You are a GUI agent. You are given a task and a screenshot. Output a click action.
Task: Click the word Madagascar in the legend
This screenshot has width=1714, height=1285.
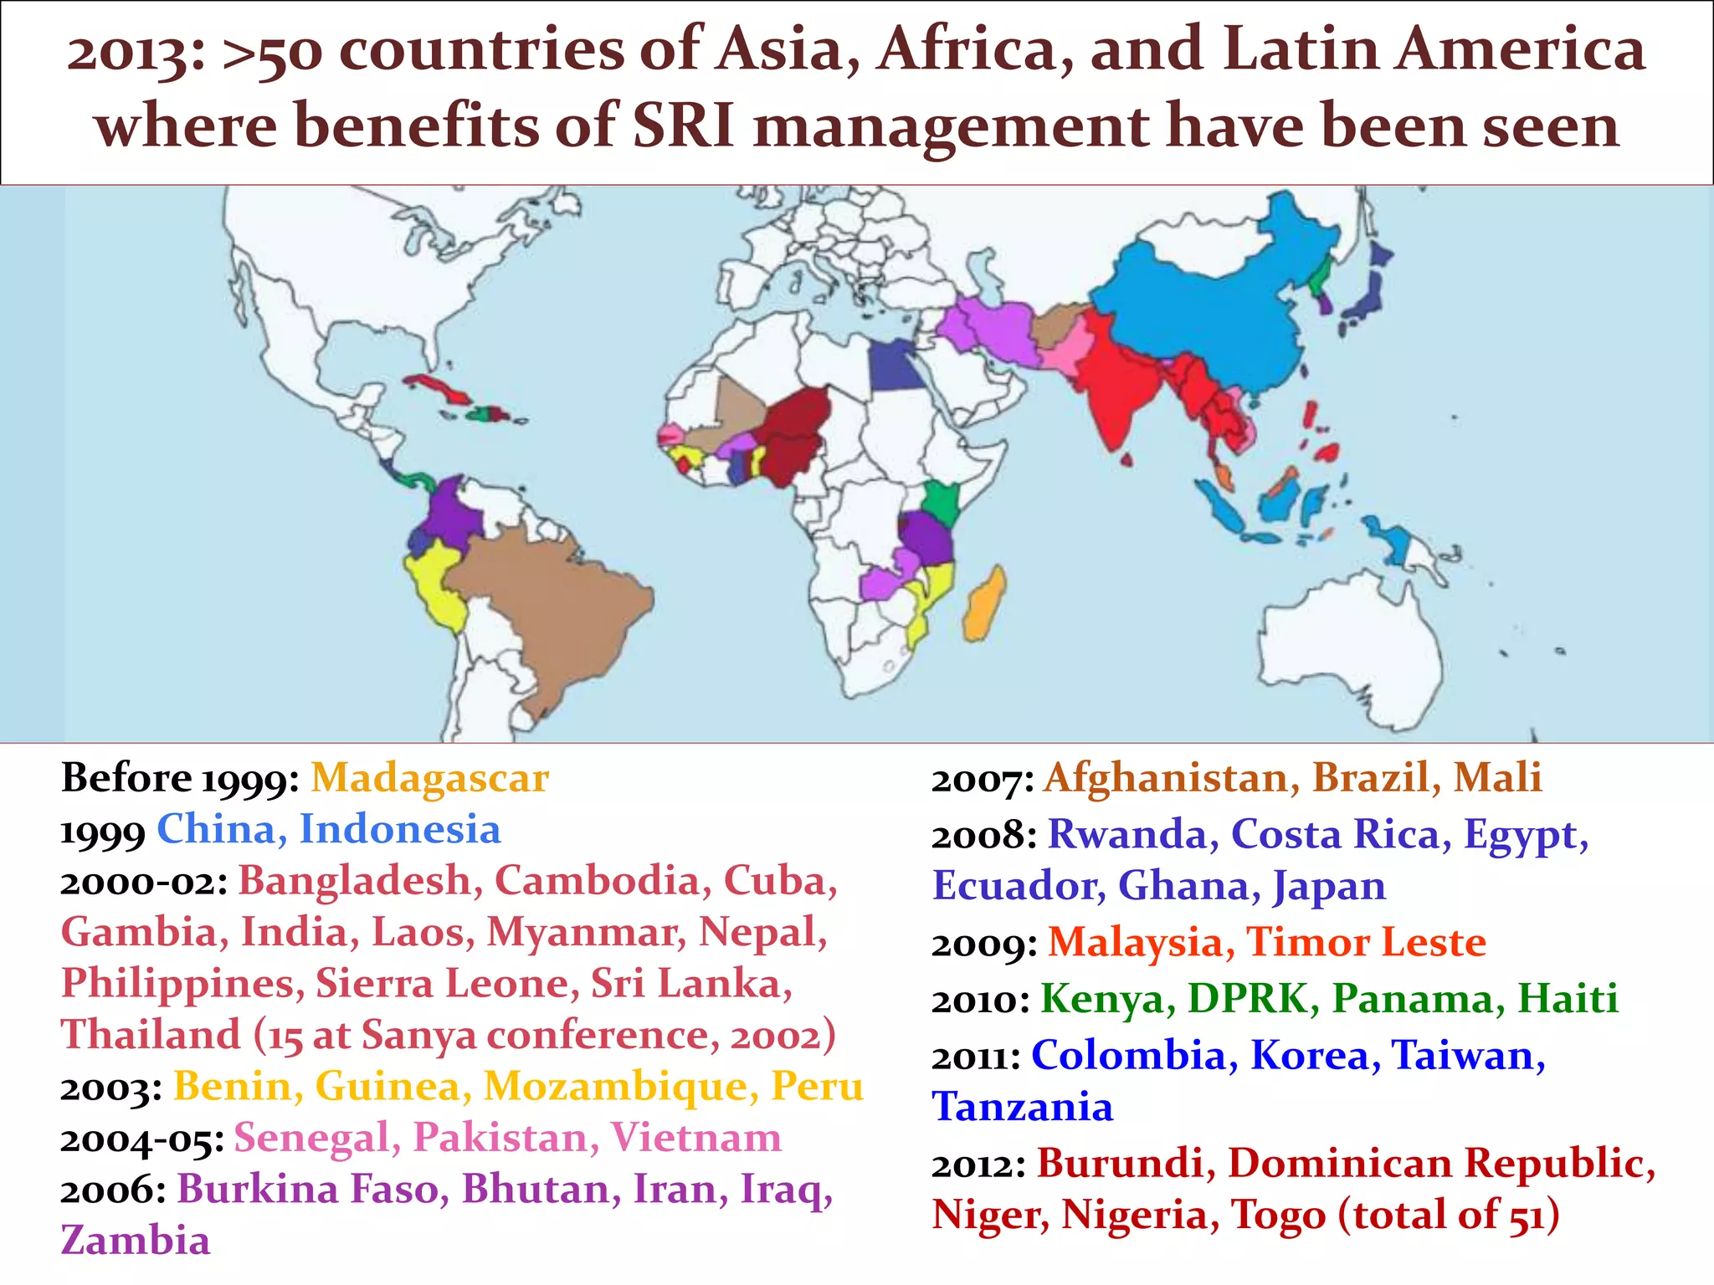[x=430, y=778]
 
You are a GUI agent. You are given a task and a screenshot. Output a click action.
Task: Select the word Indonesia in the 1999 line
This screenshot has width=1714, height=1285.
[x=400, y=830]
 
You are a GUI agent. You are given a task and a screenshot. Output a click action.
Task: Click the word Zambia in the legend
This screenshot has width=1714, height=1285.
[x=136, y=1241]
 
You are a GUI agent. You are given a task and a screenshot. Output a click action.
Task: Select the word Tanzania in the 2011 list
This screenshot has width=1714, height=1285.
[x=1023, y=1108]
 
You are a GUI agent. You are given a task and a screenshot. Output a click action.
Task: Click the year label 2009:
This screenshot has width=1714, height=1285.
[x=984, y=945]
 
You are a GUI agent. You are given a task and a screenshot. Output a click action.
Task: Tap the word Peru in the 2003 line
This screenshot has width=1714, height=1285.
[x=817, y=1087]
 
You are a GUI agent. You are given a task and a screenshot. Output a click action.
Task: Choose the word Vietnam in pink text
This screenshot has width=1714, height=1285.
[x=695, y=1139]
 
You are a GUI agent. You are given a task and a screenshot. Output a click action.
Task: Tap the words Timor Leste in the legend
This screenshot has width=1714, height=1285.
[x=1366, y=943]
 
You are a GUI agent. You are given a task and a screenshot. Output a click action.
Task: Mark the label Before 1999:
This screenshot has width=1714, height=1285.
[x=180, y=778]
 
